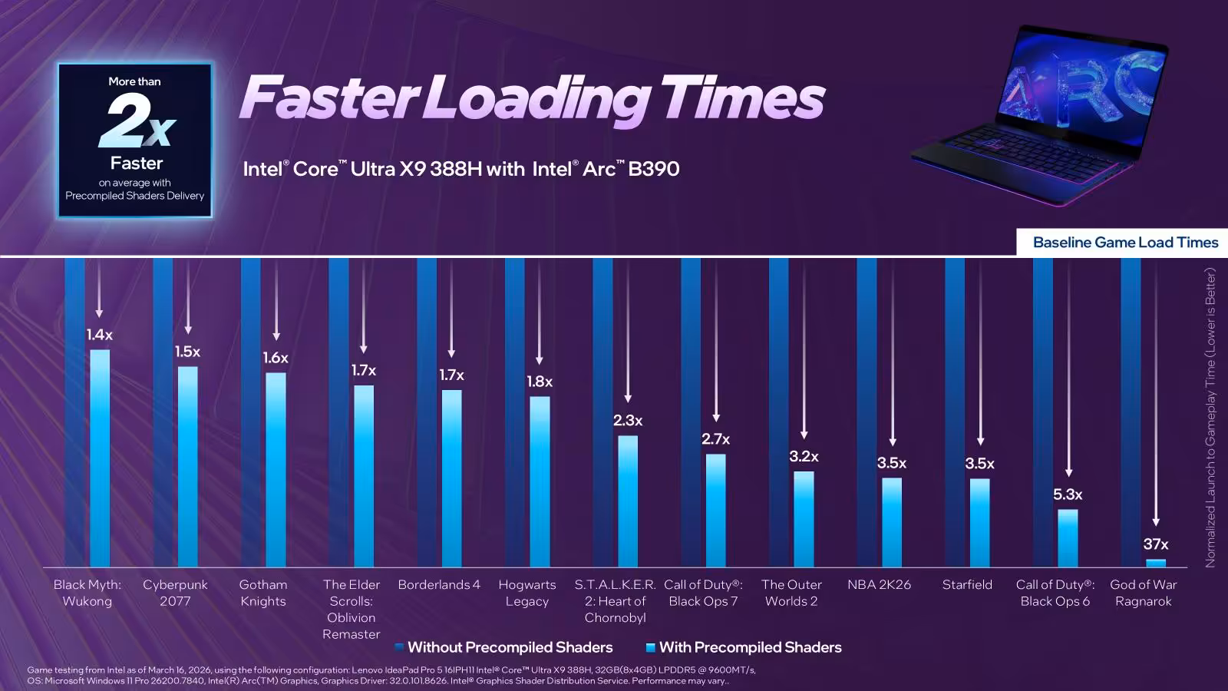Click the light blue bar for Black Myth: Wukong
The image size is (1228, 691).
coord(100,458)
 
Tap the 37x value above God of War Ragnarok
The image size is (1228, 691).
coord(1156,544)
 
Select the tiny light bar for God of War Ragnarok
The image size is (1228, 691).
coord(1156,563)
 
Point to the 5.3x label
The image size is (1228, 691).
coord(1068,494)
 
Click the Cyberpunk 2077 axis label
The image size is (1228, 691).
coord(176,593)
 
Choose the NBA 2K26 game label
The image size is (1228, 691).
coord(879,584)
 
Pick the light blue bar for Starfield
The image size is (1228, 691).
coord(979,523)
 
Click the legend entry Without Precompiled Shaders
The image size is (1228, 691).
coord(503,647)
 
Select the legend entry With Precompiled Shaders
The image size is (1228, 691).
coord(744,647)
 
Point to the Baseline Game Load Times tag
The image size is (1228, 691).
coord(1122,243)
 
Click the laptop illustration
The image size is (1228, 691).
coord(1039,114)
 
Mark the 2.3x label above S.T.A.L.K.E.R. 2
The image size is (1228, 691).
coord(628,421)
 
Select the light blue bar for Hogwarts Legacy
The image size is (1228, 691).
coord(540,481)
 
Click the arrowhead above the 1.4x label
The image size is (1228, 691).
coord(99,314)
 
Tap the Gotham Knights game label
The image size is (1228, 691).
coord(263,593)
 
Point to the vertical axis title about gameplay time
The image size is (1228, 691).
coord(1210,418)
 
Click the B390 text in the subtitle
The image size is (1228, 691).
coord(653,169)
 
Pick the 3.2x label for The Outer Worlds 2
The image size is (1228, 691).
coord(804,456)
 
